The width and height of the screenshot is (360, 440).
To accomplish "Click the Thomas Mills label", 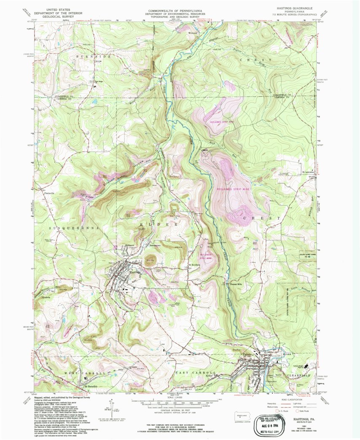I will tap(236, 284).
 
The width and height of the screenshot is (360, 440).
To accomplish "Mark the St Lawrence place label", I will tap(309, 172).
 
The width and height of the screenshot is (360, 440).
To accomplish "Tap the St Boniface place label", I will tap(193, 265).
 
